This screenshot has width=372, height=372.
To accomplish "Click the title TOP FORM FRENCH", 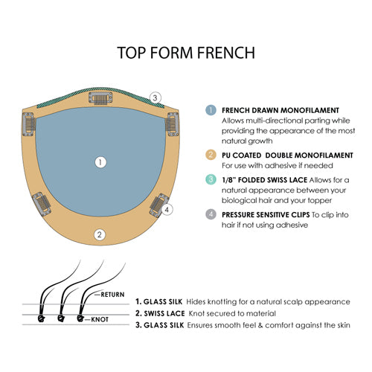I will [186, 53].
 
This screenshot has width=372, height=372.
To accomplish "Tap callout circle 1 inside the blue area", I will [101, 161].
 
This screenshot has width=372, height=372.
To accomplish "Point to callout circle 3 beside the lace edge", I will [155, 97].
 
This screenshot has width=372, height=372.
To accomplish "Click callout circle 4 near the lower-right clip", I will [167, 210].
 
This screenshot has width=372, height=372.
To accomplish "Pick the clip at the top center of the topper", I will [100, 97].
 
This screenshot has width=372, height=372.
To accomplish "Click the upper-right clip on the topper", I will [172, 121].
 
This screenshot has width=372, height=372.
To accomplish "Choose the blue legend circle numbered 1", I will [211, 110].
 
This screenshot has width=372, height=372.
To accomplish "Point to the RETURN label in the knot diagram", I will [112, 295].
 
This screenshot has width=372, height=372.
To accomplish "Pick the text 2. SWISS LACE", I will [160, 313].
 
